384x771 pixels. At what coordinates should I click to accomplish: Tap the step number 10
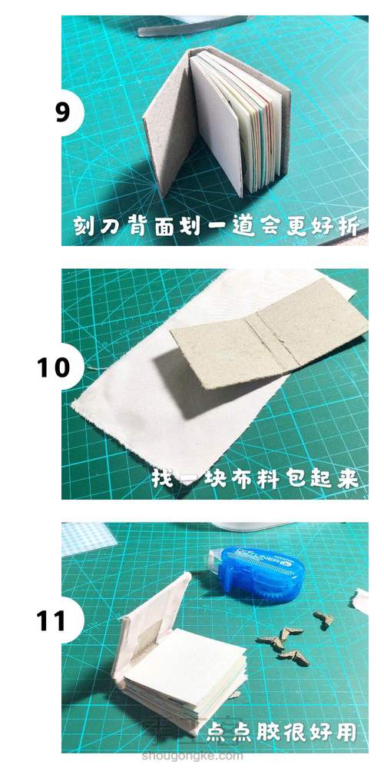pos(54,367)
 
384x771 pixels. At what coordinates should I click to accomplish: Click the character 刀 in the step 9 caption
pos(109,225)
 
